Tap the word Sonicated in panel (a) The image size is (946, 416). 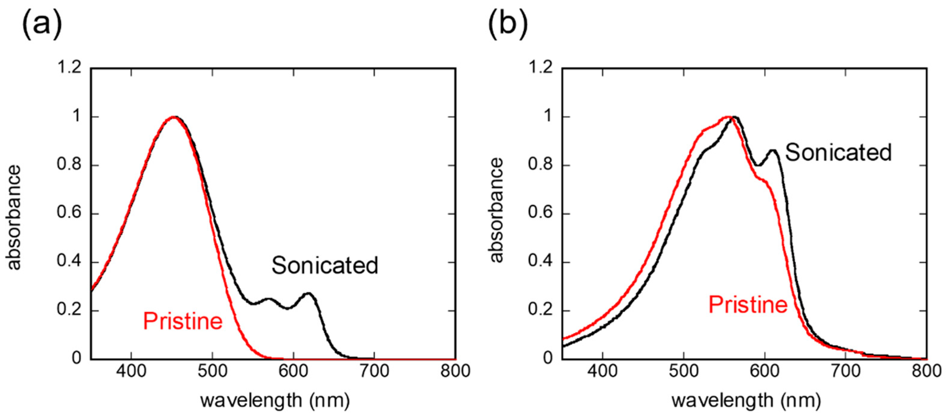pyautogui.click(x=325, y=266)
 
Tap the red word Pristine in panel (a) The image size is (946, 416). pyautogui.click(x=183, y=321)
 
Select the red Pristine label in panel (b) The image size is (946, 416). pyautogui.click(x=748, y=305)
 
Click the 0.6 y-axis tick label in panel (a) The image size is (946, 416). pyautogui.click(x=69, y=213)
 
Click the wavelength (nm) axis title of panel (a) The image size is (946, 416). pyautogui.click(x=275, y=401)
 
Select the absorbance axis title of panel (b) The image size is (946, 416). pyautogui.click(x=496, y=210)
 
